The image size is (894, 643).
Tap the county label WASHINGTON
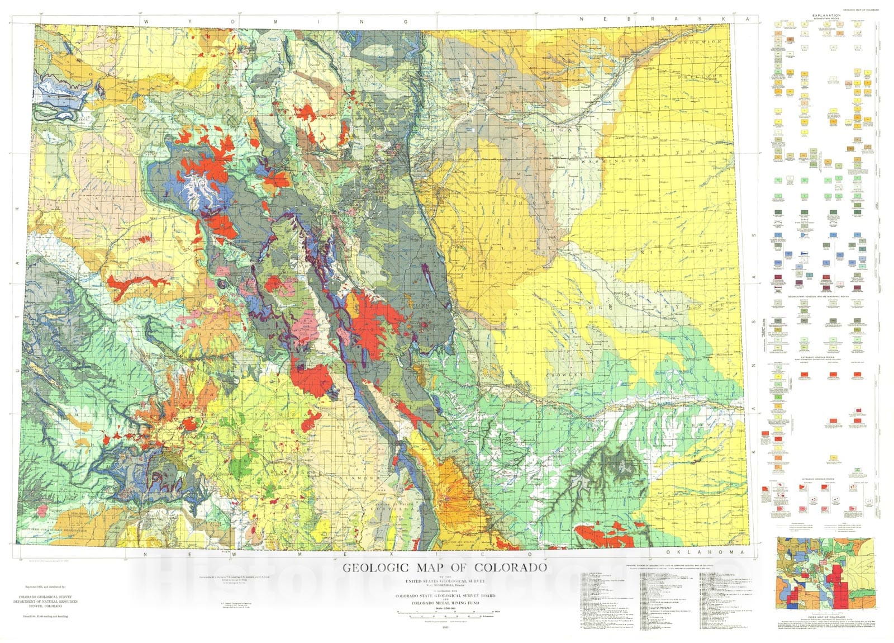pos(612,161)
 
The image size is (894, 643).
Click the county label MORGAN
pos(553,130)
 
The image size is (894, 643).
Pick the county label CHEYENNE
pos(693,306)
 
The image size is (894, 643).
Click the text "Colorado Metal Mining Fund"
pos(444,603)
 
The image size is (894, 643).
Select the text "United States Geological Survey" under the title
pos(444,582)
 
